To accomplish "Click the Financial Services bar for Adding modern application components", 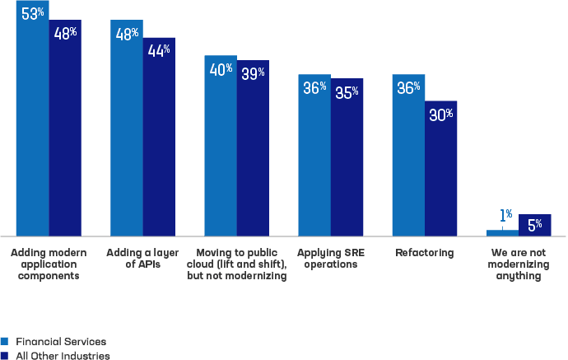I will point(32,124).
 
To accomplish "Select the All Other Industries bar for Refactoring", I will point(440,173).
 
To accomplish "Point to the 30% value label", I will point(440,115).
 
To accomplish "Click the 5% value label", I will point(534,224).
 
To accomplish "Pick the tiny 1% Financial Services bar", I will point(502,233).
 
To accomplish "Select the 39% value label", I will point(253,73).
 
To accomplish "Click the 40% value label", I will point(221,70).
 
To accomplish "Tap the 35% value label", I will point(347,91).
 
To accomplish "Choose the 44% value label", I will point(159,50).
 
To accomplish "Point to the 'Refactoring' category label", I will point(424,253).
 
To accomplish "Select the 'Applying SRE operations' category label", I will point(330,259).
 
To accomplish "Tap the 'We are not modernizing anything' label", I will point(518,264).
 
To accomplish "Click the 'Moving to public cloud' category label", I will point(236,264).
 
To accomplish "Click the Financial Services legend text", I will point(61,341).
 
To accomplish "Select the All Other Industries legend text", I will point(63,355).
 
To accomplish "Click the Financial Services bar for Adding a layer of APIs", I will point(127,132).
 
